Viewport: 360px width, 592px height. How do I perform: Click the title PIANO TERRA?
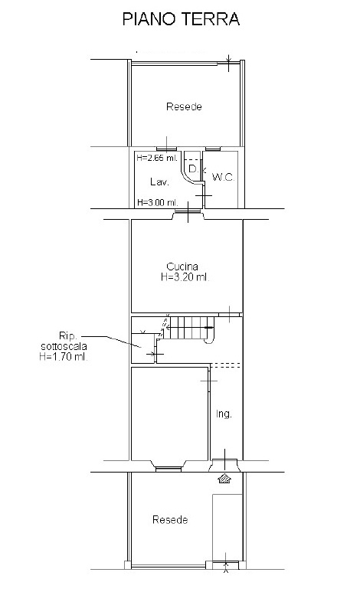pyautogui.click(x=182, y=19)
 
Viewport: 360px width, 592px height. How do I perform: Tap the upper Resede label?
pyautogui.click(x=184, y=107)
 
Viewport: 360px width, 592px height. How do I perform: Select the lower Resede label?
pyautogui.click(x=170, y=520)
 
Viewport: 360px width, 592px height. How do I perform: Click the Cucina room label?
pyautogui.click(x=182, y=267)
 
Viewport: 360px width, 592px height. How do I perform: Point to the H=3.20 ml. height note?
pyautogui.click(x=185, y=277)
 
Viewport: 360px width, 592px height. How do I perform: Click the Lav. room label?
pyautogui.click(x=159, y=182)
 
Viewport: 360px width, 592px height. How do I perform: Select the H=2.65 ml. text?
pyautogui.click(x=157, y=158)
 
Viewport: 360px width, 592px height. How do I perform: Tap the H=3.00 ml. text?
pyautogui.click(x=158, y=202)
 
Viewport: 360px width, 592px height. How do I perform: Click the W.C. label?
pyautogui.click(x=223, y=177)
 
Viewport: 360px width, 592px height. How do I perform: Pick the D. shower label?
pyautogui.click(x=194, y=168)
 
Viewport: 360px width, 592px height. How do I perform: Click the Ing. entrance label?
pyautogui.click(x=224, y=414)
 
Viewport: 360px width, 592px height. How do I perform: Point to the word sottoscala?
pyautogui.click(x=64, y=346)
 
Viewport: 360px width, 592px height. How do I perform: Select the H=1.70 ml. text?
pyautogui.click(x=64, y=356)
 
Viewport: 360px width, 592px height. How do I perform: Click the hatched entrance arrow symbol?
pyautogui.click(x=224, y=479)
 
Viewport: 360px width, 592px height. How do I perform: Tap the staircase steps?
pyautogui.click(x=191, y=327)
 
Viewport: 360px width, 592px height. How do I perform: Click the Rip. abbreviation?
pyautogui.click(x=68, y=335)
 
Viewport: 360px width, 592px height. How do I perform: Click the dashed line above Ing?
pyautogui.click(x=225, y=365)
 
